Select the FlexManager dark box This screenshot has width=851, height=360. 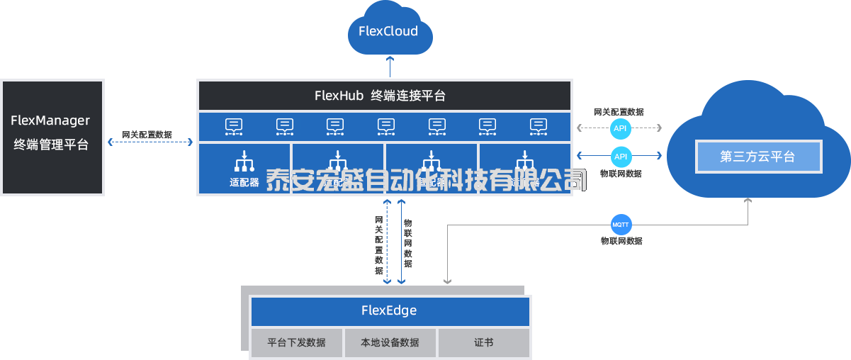tap(52, 137)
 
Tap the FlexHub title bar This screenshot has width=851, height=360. tap(384, 96)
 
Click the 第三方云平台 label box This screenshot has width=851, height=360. tap(759, 157)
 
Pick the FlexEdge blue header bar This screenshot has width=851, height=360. tap(390, 311)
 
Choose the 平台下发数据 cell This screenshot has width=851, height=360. tap(297, 342)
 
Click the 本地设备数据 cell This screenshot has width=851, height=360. tap(390, 342)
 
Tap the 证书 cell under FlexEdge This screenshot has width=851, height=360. tap(484, 342)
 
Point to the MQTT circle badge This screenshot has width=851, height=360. tap(620, 225)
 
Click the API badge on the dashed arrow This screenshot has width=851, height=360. tap(620, 128)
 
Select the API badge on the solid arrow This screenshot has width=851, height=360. tap(620, 156)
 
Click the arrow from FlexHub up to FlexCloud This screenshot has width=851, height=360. tap(389, 67)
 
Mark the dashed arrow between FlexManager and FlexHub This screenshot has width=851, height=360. tap(150, 142)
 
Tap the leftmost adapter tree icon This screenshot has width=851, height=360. tap(244, 162)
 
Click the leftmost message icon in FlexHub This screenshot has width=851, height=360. tap(234, 126)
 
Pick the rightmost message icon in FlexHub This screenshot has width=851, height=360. tap(539, 126)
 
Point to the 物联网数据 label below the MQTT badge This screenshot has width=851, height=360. tap(621, 241)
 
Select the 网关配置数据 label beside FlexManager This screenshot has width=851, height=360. tap(147, 134)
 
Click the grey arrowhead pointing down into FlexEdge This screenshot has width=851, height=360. tap(447, 281)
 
